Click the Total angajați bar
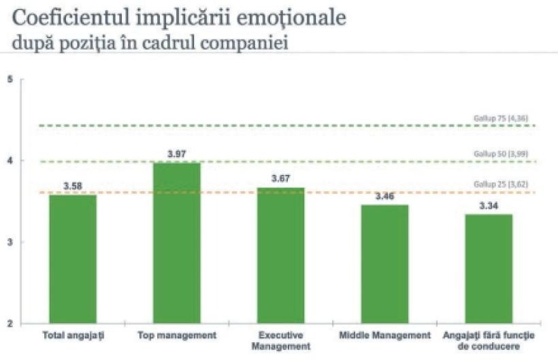point(72,259)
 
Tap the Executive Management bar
point(280,255)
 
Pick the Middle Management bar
point(384,263)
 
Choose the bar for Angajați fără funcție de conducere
point(488,268)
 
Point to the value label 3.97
point(177,155)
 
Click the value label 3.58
point(72,186)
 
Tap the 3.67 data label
point(280,179)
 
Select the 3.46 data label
point(384,197)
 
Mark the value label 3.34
point(488,206)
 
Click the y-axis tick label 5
point(10,80)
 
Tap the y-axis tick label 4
point(10,161)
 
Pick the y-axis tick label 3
point(10,242)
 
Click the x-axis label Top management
point(177,336)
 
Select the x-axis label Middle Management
point(384,336)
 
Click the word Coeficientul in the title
point(59,18)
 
